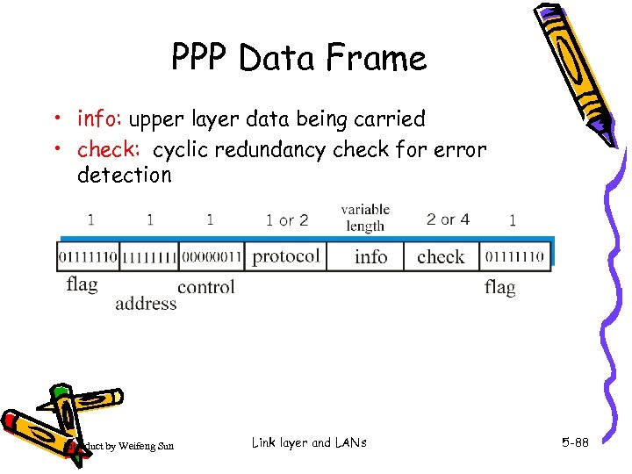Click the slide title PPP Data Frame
coord(298,58)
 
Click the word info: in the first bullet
coord(103,118)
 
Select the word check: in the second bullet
coord(111,150)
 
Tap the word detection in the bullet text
coord(125,175)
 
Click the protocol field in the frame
coord(286,255)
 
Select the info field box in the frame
coord(370,256)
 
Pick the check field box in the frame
coord(441,256)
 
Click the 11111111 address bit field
coord(148,256)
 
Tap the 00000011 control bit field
coord(211,256)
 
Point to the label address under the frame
coord(146,304)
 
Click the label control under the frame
coord(206,287)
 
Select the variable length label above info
coord(365,218)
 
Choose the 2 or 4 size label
coord(448,219)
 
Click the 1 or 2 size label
coord(287,219)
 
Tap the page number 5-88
coord(575,443)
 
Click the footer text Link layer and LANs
coord(308,442)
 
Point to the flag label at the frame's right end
coord(499,287)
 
